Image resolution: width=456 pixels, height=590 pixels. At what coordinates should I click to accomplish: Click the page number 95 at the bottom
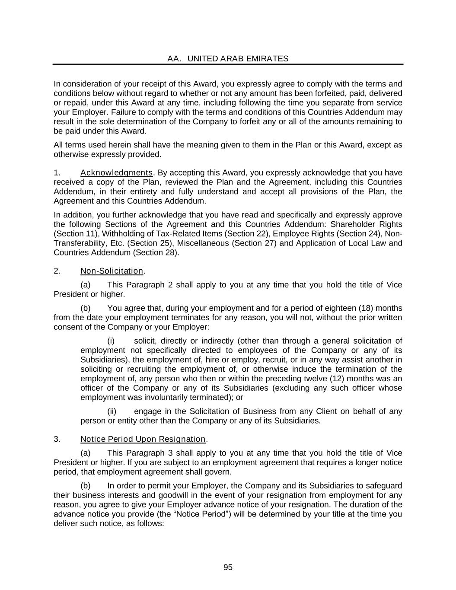click(228, 568)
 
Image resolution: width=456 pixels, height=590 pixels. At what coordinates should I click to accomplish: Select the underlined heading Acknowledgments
click(116, 173)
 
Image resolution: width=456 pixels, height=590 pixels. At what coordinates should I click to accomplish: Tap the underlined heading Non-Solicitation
click(112, 271)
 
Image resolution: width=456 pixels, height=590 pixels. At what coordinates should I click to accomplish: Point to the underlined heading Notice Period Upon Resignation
click(143, 439)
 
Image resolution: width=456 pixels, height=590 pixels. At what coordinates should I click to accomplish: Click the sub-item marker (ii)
click(112, 411)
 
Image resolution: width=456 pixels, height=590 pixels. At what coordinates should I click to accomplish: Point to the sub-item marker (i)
click(111, 341)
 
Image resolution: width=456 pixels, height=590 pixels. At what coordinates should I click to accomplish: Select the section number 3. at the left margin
click(57, 439)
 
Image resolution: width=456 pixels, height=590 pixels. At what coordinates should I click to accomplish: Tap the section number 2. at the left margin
click(57, 271)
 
